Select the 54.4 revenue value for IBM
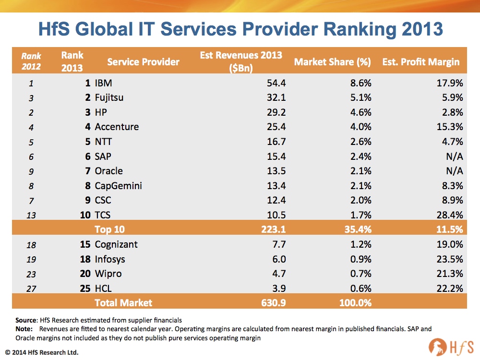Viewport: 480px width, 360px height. click(276, 83)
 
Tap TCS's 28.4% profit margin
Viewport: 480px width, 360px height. click(449, 215)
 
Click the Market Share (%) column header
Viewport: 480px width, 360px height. click(333, 61)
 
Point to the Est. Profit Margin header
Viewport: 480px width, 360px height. click(420, 61)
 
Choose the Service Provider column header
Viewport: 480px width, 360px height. click(143, 61)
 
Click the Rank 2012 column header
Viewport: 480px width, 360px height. click(31, 61)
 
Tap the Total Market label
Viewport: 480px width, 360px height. click(123, 302)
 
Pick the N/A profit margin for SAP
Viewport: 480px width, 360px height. click(454, 156)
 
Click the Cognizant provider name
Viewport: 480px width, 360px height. click(116, 244)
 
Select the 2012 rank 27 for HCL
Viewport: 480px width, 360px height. click(31, 288)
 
